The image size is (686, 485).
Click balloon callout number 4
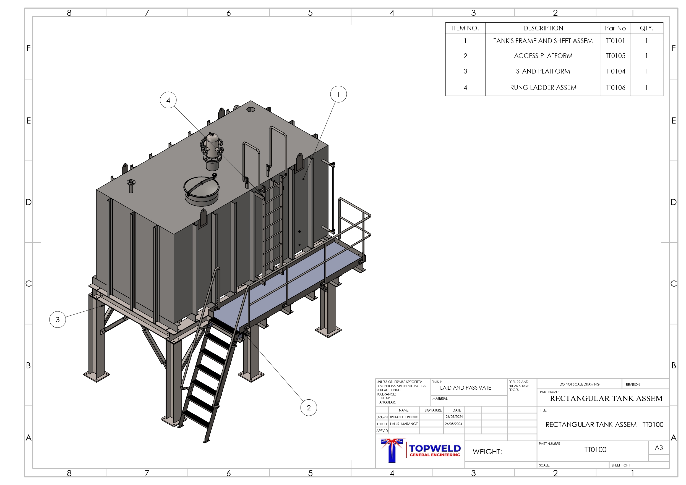168,100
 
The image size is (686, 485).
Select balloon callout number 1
338,94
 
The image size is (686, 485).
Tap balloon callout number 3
58,319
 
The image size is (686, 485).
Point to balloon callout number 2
309,408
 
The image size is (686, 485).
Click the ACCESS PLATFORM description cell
543,56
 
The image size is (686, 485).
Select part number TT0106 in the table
615,88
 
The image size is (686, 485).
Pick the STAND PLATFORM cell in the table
543,71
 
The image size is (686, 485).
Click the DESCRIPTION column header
543,28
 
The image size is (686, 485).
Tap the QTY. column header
646,28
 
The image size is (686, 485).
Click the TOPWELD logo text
435,448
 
